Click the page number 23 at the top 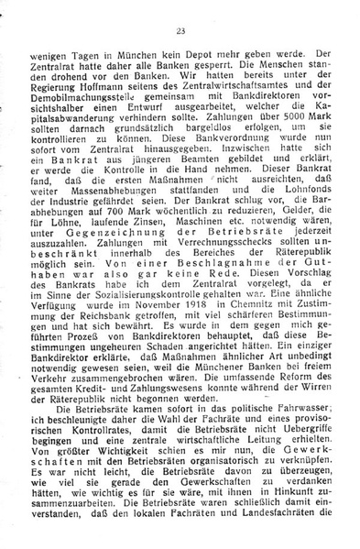[180, 32]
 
